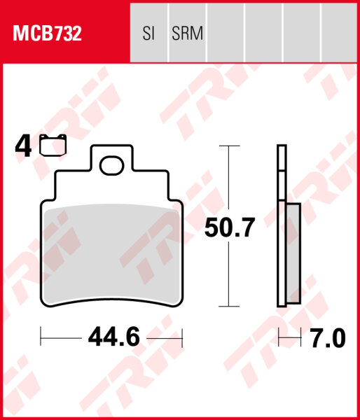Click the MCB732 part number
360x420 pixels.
tap(47, 33)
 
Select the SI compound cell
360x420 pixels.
tap(148, 33)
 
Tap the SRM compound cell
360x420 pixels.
tap(188, 33)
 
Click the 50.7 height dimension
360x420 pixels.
tap(229, 227)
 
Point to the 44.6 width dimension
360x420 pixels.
tap(114, 337)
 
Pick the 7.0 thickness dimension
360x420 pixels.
tap(328, 338)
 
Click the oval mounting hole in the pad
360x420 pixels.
tap(112, 166)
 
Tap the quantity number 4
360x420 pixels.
tap(23, 146)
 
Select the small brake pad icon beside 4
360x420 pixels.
tap(53, 145)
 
